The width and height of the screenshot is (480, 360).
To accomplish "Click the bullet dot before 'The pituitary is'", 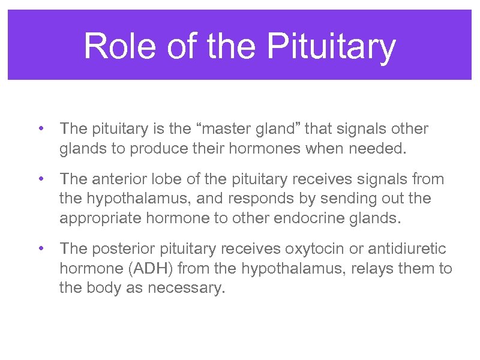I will coord(40,129).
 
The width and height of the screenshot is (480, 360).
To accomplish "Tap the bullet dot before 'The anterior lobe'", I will coord(40,179).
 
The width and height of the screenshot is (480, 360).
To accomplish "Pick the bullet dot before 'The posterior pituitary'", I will coord(40,248).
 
